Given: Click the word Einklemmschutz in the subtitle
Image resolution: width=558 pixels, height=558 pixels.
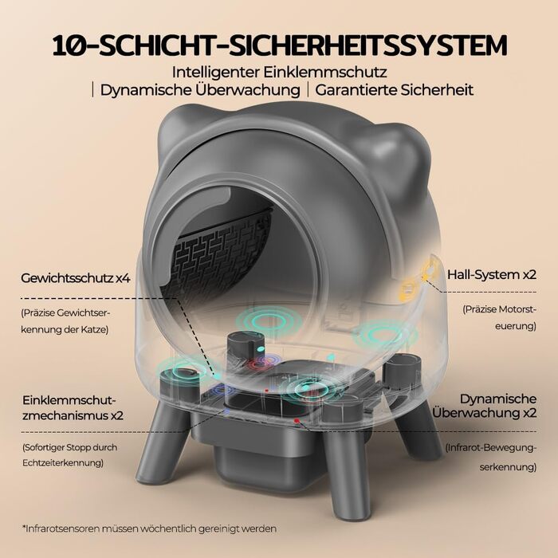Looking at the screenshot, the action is pos(324,73).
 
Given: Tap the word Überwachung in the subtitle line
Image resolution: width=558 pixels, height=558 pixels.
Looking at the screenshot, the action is pos(248,89).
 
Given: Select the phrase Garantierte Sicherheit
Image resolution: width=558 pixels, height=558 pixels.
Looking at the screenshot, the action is pos(394,89).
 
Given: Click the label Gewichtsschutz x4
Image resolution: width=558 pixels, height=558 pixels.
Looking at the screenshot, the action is pos(76,278).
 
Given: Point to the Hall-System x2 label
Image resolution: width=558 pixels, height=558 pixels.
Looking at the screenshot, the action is pos(492,275).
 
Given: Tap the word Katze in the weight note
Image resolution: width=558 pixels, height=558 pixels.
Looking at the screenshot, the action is pos(96,329).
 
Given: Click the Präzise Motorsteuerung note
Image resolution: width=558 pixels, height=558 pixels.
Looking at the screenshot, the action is pos(499,317).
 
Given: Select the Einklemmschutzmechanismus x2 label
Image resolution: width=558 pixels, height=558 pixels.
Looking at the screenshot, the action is pos(73,407).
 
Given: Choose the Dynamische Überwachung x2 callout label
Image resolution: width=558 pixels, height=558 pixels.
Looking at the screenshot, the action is pos(485,406).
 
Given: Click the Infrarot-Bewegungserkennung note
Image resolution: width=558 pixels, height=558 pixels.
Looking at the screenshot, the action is pos(491,457).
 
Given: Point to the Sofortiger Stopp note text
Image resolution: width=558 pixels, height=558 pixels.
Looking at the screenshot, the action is pos(70,455).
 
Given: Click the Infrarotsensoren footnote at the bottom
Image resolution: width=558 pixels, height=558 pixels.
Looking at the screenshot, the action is pos(149,529).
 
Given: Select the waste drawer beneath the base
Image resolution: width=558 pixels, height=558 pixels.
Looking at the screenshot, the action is pos(260,448).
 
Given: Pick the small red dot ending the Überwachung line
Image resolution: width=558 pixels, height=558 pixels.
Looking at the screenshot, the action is pos(297,420).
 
